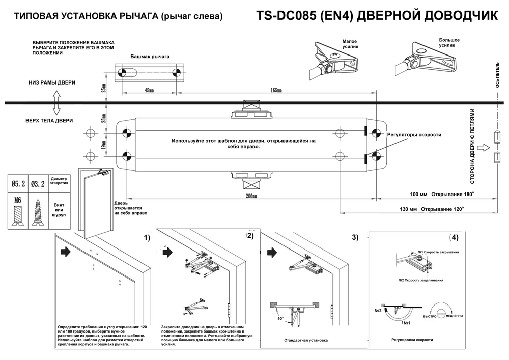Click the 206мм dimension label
(251, 196)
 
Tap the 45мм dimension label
(149, 90)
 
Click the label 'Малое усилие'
(350, 43)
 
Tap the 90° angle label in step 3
(279, 318)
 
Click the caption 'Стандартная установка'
(306, 340)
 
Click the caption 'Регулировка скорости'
(412, 340)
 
